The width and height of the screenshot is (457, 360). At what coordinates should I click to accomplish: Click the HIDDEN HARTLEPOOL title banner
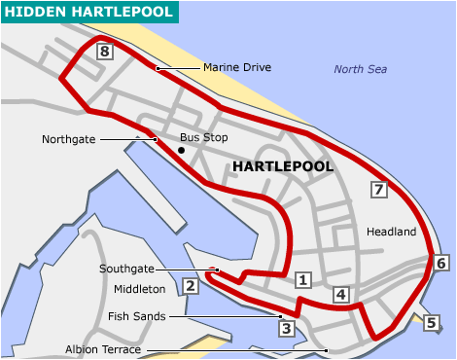click(x=89, y=12)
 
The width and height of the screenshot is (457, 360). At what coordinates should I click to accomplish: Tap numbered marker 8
click(x=105, y=53)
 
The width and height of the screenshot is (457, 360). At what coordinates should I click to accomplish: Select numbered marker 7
click(x=379, y=190)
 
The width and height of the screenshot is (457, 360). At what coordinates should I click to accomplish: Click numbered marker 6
click(x=442, y=263)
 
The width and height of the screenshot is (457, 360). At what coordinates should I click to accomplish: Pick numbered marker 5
click(x=432, y=323)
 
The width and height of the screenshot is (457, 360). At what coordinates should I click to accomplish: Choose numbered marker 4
click(x=340, y=295)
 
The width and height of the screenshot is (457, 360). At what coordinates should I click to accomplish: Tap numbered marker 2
click(x=191, y=286)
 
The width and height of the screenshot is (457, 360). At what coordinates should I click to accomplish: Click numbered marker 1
click(x=302, y=280)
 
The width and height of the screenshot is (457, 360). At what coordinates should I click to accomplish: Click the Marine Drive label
click(x=237, y=68)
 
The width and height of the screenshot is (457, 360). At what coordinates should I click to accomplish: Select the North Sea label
click(x=360, y=69)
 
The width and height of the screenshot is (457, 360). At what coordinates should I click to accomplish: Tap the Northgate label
click(x=69, y=139)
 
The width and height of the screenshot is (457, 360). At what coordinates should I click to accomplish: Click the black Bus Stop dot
click(x=182, y=150)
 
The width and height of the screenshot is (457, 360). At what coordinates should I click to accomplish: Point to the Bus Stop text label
click(x=204, y=138)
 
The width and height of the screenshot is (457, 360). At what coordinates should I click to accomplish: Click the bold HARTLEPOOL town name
click(x=283, y=167)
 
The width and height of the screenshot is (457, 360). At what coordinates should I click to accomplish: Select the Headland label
click(x=391, y=232)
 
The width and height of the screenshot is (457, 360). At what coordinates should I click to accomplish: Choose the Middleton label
click(x=134, y=289)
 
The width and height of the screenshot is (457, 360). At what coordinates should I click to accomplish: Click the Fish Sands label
click(x=137, y=316)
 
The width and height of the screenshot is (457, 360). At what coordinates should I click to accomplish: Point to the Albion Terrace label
click(x=102, y=349)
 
